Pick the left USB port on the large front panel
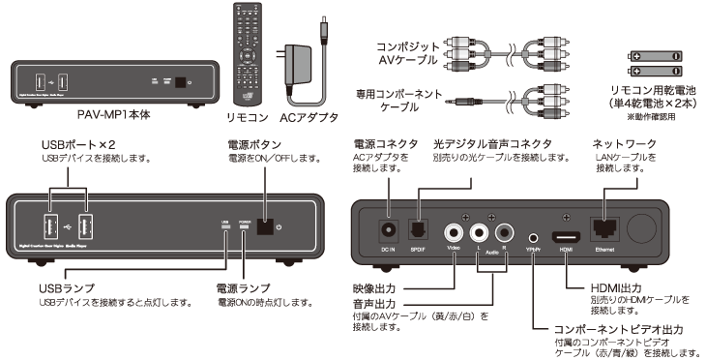(45, 228)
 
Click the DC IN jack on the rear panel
(387, 229)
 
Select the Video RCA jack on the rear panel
(455, 232)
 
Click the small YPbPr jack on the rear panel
(532, 234)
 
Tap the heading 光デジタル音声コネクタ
(493, 144)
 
